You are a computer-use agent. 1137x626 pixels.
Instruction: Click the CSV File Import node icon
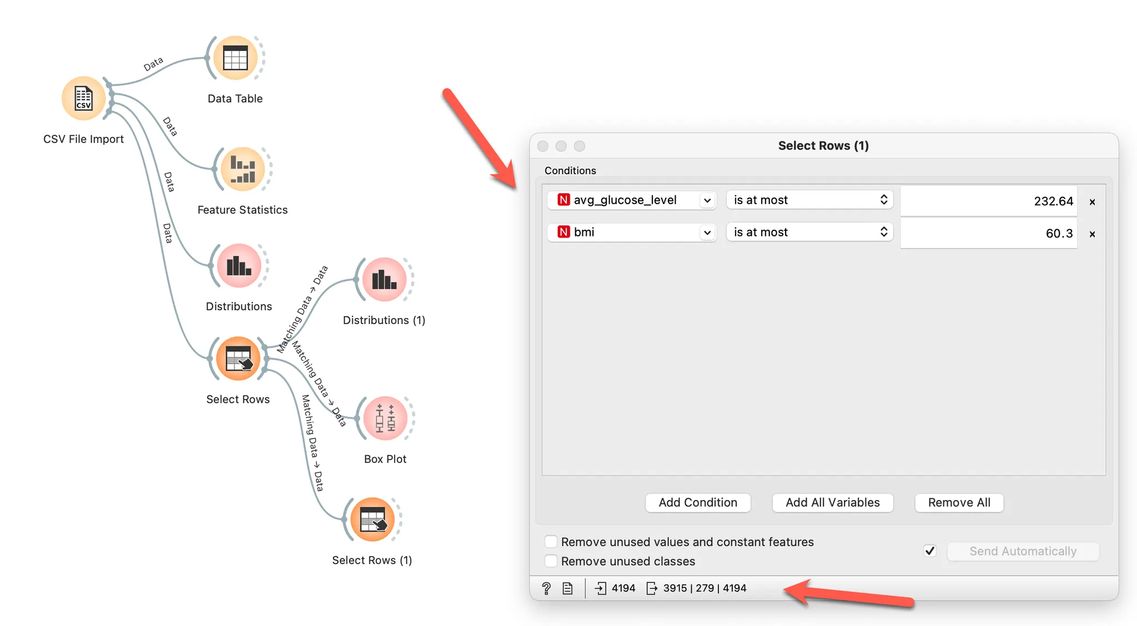83,98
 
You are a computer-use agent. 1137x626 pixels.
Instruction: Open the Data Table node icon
235,58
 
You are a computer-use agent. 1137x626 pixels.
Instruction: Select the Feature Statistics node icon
243,169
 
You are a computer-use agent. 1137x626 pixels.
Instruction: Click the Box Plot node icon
385,418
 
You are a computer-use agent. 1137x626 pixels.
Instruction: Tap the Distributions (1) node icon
384,279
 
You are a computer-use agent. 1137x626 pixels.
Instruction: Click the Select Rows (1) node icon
373,519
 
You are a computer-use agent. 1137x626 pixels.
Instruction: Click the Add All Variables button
832,502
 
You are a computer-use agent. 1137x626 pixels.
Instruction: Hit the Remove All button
959,502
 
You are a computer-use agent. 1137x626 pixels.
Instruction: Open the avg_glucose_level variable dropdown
631,200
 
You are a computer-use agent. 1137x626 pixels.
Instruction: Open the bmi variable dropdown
631,232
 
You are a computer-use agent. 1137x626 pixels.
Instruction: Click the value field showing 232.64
988,201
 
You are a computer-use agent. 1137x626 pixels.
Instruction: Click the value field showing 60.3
988,233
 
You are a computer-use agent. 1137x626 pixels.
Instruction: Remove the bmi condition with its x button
1092,234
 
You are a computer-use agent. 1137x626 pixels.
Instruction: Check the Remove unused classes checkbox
551,561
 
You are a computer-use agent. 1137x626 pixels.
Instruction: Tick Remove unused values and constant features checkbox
551,542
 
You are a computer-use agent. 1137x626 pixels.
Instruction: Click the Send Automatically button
1023,551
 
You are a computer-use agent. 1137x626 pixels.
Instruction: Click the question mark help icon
546,588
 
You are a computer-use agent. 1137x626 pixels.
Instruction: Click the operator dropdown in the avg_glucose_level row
809,200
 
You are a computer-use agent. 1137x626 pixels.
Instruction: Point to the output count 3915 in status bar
675,588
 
